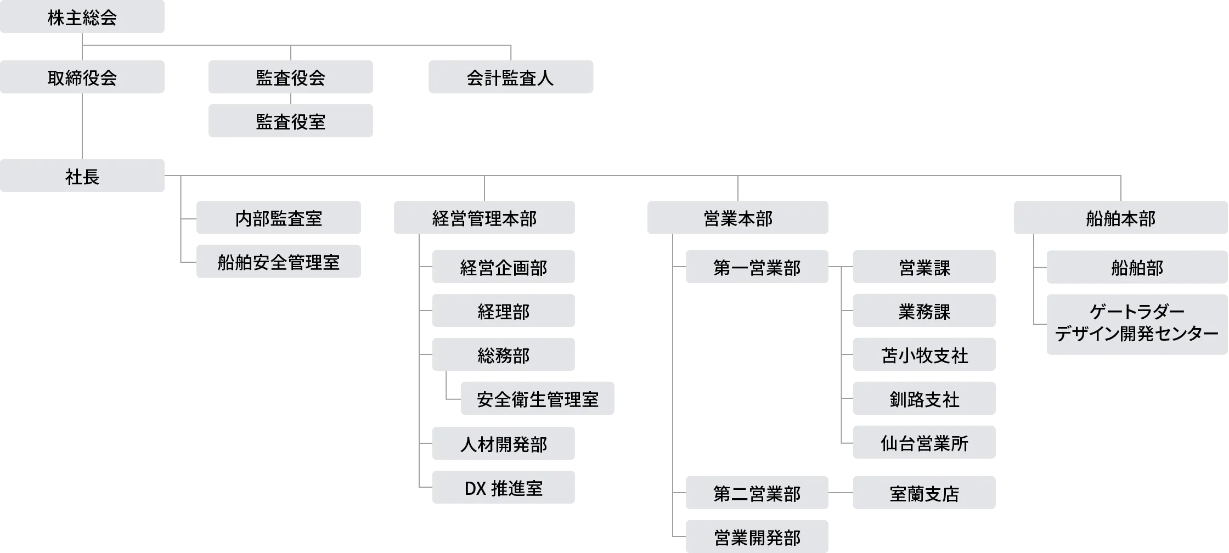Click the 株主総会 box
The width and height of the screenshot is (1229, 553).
click(x=82, y=18)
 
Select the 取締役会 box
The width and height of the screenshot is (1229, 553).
click(x=82, y=77)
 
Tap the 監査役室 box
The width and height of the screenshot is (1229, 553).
click(x=290, y=121)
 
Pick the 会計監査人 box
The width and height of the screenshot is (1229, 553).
click(x=510, y=77)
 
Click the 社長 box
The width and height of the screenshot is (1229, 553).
click(x=82, y=176)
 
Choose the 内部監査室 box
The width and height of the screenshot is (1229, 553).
click(x=278, y=218)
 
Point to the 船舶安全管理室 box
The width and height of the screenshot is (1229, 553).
click(x=278, y=262)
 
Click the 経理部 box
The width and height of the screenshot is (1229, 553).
click(x=503, y=312)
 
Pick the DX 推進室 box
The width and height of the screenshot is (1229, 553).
click(x=503, y=487)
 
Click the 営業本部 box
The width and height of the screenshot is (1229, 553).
click(x=737, y=218)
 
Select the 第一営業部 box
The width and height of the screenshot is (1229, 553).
click(x=757, y=268)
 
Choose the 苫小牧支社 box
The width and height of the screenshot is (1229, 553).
click(x=924, y=355)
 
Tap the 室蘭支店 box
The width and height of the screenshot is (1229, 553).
click(x=924, y=493)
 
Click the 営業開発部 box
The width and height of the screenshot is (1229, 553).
click(x=757, y=537)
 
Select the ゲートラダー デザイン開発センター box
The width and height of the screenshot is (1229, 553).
click(x=1136, y=323)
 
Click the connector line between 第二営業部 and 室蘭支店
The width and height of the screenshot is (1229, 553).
click(x=840, y=493)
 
